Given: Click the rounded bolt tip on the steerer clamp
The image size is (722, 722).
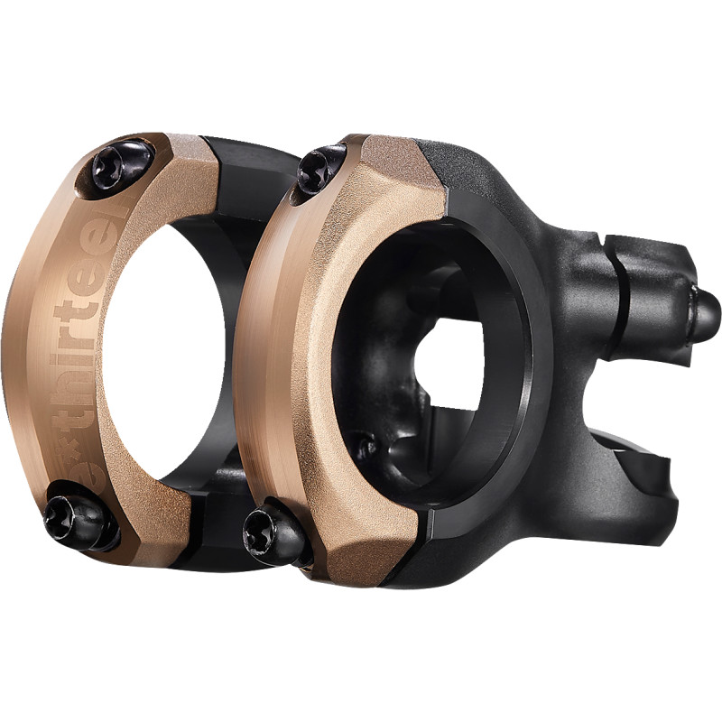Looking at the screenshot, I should click(706, 312).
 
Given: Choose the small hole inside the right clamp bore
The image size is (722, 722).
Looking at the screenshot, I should click(365, 447).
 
